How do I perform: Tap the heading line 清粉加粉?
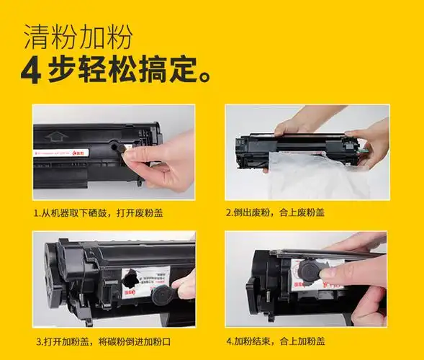(78, 35)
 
